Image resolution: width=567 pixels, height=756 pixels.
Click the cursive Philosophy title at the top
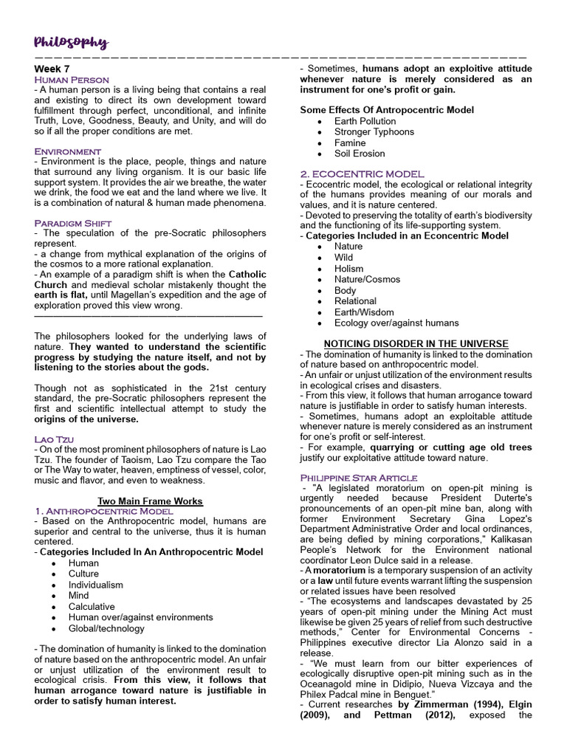tap(71, 43)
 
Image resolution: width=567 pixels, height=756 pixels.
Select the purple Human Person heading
tap(72, 79)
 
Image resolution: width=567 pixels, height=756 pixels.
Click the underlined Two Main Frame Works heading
tap(151, 501)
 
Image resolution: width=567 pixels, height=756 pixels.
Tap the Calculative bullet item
tap(93, 606)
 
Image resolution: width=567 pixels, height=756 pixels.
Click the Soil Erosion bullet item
tap(360, 154)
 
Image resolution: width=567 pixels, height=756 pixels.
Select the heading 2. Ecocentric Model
tap(362, 174)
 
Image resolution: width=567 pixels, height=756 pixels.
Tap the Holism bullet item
tap(348, 269)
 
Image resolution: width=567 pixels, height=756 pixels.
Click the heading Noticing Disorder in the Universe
tap(416, 344)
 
